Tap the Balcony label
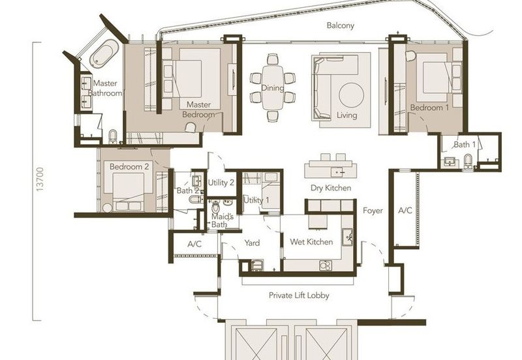pos(340,25)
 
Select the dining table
pos(273,87)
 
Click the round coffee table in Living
pos(352,95)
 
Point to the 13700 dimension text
pos(40,179)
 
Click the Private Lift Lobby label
pos(299,295)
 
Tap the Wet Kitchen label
pos(311,242)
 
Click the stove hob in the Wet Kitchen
pos(326,265)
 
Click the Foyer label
pos(373,211)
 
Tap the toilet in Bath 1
pos(468,161)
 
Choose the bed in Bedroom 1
pos(438,77)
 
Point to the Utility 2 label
pos(221,183)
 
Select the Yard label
pos(252,243)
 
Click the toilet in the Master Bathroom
pos(113,136)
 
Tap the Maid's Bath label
pos(223,220)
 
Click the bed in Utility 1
pos(271,191)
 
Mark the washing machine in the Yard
pos(257,265)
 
